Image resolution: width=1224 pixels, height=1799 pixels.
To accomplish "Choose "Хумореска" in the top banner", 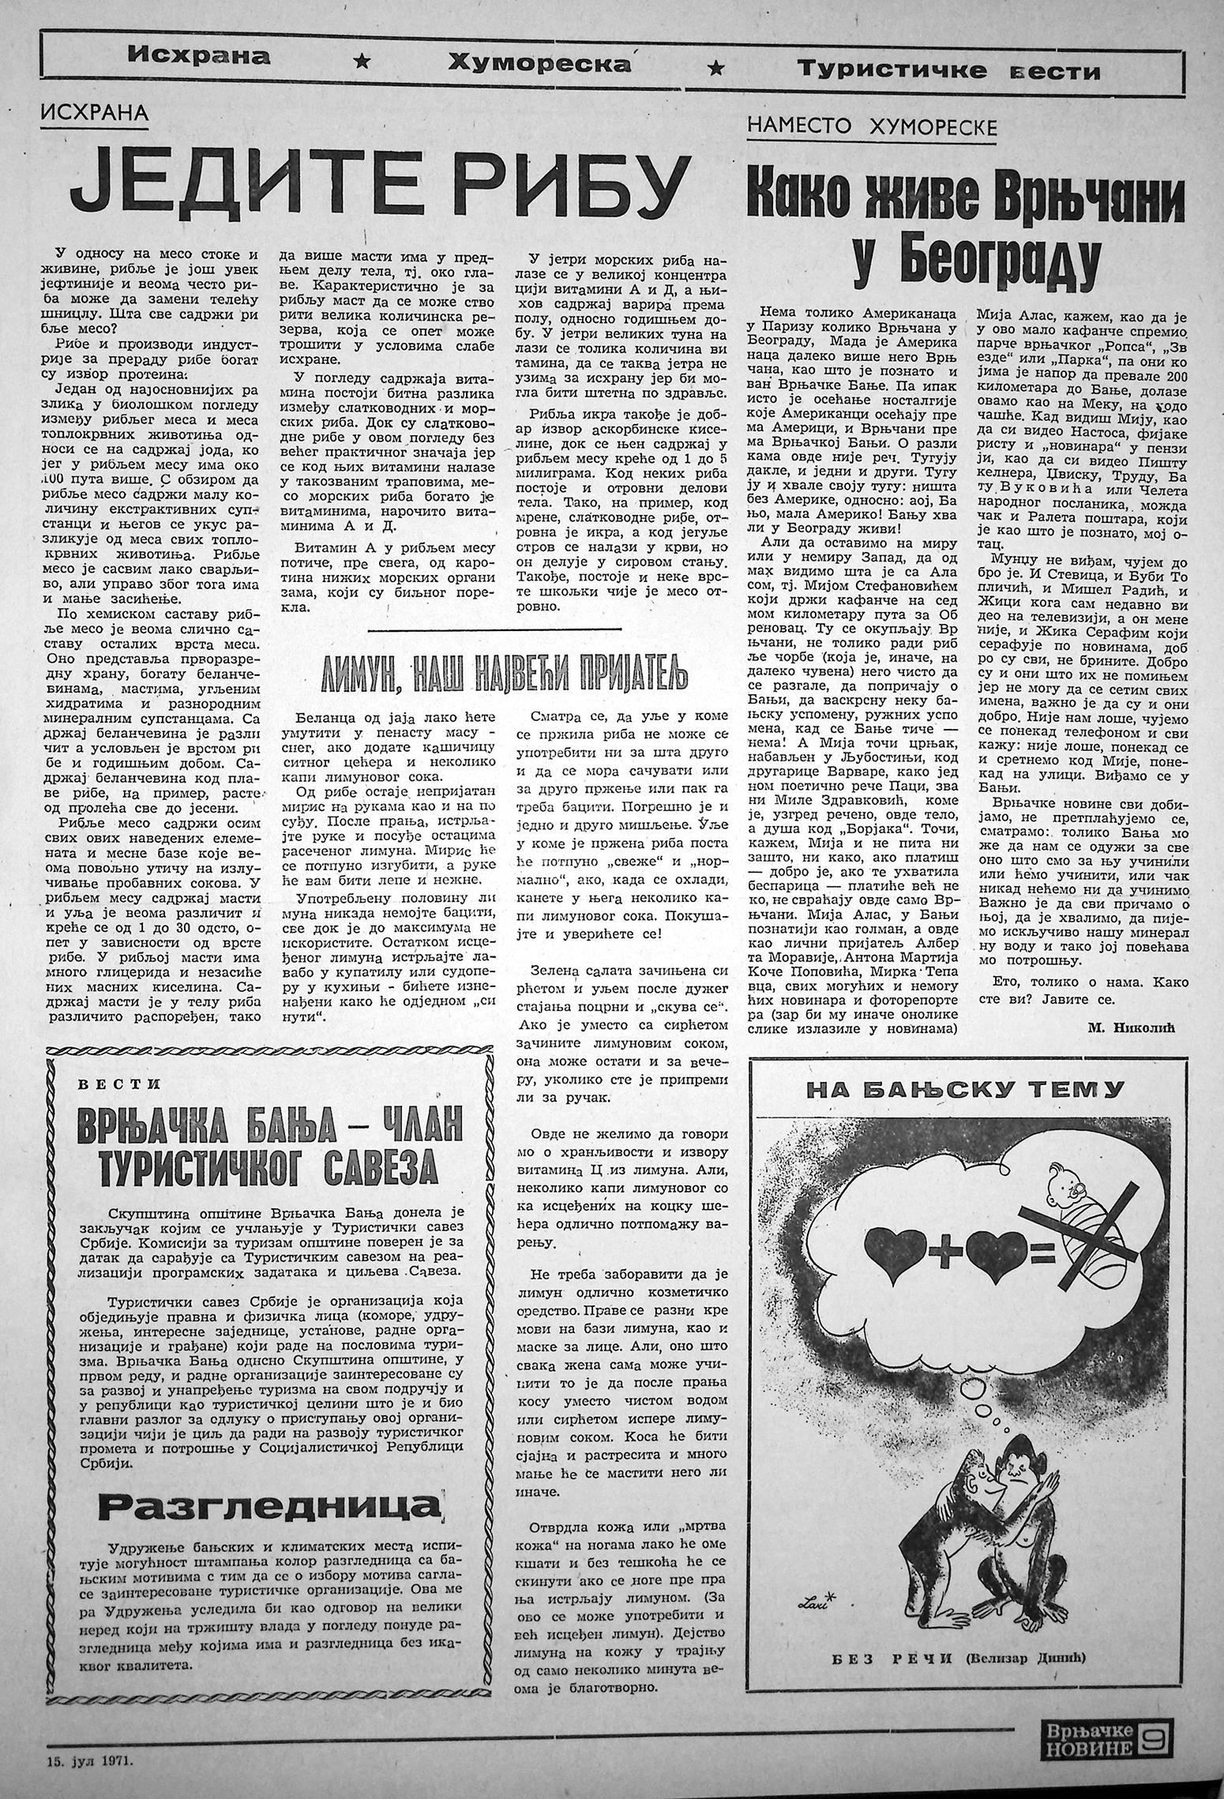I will (539, 65).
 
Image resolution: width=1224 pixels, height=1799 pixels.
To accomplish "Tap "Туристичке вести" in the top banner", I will (948, 70).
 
